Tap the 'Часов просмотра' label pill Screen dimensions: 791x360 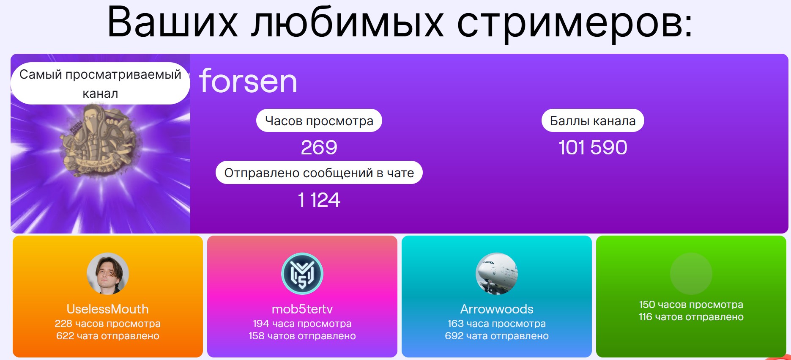point(319,121)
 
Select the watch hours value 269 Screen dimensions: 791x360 point(319,147)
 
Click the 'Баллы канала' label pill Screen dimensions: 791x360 point(593,121)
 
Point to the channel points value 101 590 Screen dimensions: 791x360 point(593,147)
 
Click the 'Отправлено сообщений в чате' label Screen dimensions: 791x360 point(319,173)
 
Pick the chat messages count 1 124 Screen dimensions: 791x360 point(319,200)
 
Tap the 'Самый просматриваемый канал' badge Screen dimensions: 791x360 point(100,83)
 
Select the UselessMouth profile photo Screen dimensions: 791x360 point(108,274)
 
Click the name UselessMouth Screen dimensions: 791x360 point(108,309)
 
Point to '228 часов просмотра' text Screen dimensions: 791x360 point(108,324)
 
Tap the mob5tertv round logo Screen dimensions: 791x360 point(302,274)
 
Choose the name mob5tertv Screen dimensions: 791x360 point(302,309)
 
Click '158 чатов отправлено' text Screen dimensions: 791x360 point(302,336)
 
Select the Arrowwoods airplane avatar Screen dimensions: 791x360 point(497,274)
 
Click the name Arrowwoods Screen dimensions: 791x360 point(497,309)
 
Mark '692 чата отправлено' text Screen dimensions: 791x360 point(497,336)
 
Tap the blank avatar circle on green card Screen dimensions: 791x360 point(691,274)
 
